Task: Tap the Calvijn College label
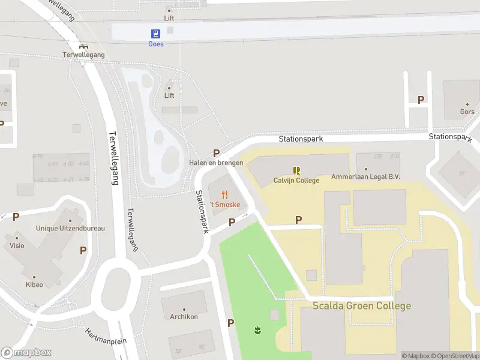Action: (296, 180)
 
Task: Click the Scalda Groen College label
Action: (362, 305)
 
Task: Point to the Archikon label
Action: (184, 317)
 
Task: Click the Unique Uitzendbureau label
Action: (70, 228)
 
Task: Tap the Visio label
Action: (17, 245)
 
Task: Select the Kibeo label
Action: (34, 284)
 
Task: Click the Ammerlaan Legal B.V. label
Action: (365, 177)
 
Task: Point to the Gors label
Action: (467, 112)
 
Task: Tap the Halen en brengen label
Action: (216, 163)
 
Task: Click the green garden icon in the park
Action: (257, 330)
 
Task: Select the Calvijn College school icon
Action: (296, 170)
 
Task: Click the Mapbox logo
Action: (26, 353)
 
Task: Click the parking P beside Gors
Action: (421, 100)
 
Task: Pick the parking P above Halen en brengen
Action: (216, 153)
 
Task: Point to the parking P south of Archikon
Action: (230, 323)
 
